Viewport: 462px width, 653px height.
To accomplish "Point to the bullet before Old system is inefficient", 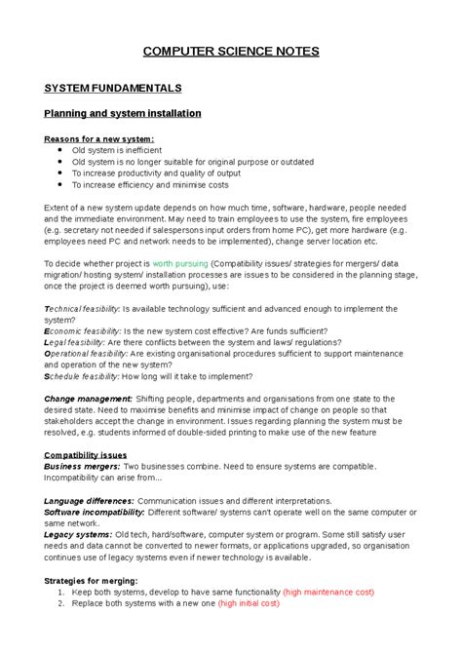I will pos(61,151).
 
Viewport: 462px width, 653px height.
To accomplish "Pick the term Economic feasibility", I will pos(81,330).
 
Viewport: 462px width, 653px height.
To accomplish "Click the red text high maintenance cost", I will pos(330,593).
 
